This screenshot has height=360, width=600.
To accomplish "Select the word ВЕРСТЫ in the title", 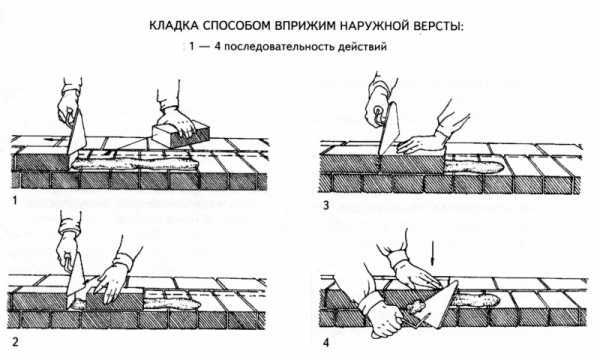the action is pos(440,26).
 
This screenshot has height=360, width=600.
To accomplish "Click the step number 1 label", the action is pos(15,200).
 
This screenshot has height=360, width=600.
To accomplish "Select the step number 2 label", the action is pos(15,342).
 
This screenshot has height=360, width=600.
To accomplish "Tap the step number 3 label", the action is pos(326,205).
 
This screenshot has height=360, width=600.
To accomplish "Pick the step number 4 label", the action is pos(326,342).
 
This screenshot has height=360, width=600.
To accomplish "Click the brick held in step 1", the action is pos(181,135).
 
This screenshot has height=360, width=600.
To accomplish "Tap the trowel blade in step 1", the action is pos(77,132).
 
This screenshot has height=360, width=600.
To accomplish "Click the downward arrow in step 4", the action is pos(432,253).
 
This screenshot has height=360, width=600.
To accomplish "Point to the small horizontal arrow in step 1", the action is pos(51,140).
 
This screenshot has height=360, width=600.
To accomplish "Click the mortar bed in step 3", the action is pos(473,166).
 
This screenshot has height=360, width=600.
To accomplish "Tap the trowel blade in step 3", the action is pos(389,130).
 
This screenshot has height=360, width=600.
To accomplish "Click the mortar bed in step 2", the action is pos(171,304).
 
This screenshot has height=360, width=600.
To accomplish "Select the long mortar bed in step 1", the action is pos(136,163).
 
